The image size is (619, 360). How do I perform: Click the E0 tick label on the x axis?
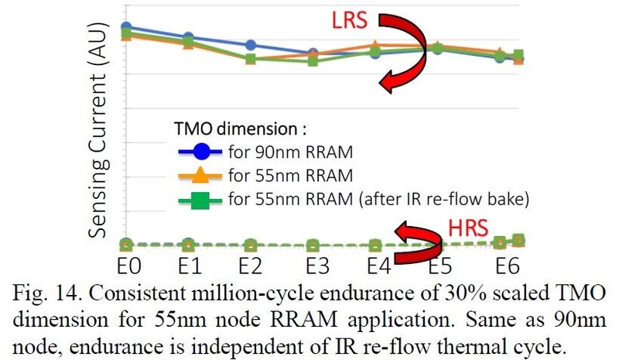pyautogui.click(x=128, y=267)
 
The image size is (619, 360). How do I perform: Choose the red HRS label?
pyautogui.click(x=469, y=227)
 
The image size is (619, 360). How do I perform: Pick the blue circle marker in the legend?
pyautogui.click(x=200, y=150)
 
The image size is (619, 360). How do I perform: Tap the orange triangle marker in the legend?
pyautogui.click(x=200, y=174)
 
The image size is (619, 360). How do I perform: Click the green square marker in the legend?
pyautogui.click(x=200, y=200)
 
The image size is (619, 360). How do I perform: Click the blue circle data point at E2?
pyautogui.click(x=250, y=45)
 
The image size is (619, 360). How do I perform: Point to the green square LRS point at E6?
pyautogui.click(x=518, y=56)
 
